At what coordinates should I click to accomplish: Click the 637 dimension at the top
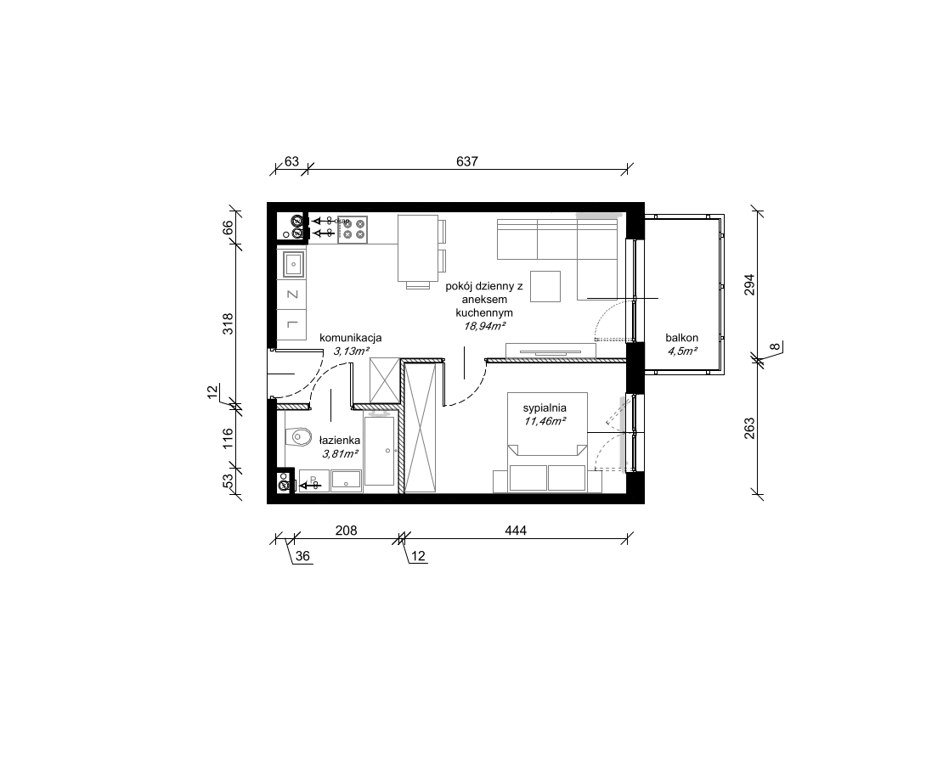point(466,161)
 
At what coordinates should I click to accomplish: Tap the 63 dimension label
point(291,161)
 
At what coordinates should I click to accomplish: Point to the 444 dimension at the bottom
point(516,531)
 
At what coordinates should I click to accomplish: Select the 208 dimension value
point(346,531)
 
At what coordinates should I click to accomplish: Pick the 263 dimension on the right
point(749,429)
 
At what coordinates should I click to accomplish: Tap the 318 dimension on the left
point(228,323)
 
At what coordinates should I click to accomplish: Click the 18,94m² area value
point(484,326)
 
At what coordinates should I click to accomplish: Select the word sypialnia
point(545,408)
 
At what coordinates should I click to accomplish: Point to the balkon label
point(682,338)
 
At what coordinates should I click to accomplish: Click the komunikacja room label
point(351,338)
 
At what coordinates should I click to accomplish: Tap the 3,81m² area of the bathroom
point(341,453)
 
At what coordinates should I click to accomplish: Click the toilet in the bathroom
point(297,437)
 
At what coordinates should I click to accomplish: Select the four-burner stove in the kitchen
point(353,229)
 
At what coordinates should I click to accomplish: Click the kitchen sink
point(293,263)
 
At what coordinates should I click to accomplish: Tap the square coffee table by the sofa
point(545,286)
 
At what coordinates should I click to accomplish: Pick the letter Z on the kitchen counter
point(293,295)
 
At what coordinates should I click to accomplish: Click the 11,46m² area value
point(545,421)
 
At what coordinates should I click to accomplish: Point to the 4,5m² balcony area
point(682,351)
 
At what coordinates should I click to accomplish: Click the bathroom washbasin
point(345,480)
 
